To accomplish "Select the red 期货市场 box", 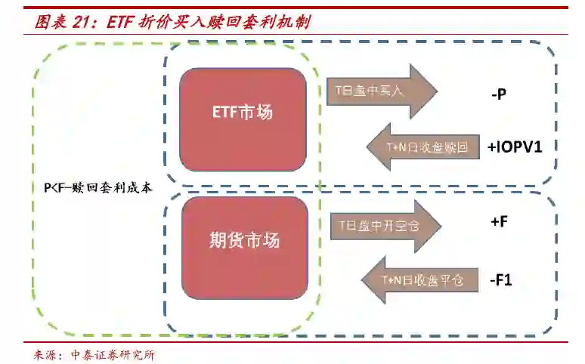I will point(245,240).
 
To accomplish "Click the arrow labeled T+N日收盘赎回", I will point(423,147).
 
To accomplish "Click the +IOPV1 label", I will point(515,147).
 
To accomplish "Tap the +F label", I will point(498,222).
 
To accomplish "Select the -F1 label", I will point(500,280).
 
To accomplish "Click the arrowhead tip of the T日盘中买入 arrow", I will point(436,91).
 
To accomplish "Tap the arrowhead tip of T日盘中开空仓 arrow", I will point(439,225).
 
